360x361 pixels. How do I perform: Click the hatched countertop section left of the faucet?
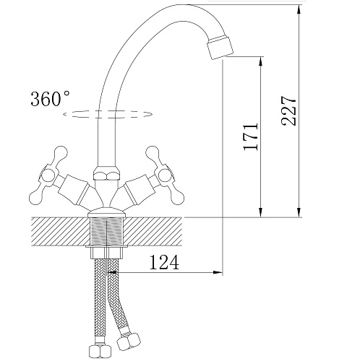(58, 232)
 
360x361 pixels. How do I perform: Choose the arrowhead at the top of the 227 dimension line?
(299, 9)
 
